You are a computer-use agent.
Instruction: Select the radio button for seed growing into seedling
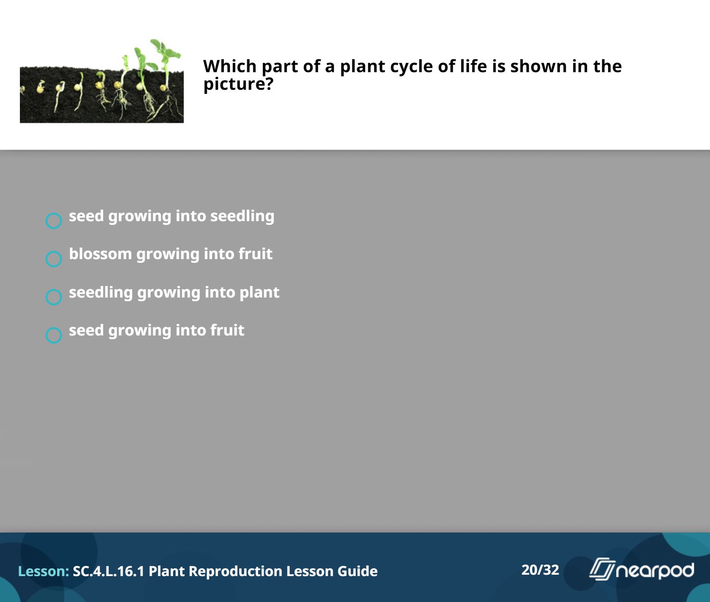[54, 220]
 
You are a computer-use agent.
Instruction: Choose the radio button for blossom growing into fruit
[54, 259]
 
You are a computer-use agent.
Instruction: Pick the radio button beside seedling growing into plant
[54, 297]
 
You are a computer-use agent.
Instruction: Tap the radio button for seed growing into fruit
[54, 335]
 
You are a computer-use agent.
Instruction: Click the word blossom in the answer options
[100, 254]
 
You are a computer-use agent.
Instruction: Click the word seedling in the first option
[242, 217]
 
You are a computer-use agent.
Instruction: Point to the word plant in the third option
[259, 292]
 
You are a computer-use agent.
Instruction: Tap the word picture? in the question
[238, 84]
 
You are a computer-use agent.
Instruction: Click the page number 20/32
[540, 570]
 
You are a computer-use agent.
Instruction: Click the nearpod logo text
[655, 571]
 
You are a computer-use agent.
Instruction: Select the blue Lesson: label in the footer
[44, 571]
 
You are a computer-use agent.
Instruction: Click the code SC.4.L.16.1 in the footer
[109, 571]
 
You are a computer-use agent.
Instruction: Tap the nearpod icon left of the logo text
[602, 569]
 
